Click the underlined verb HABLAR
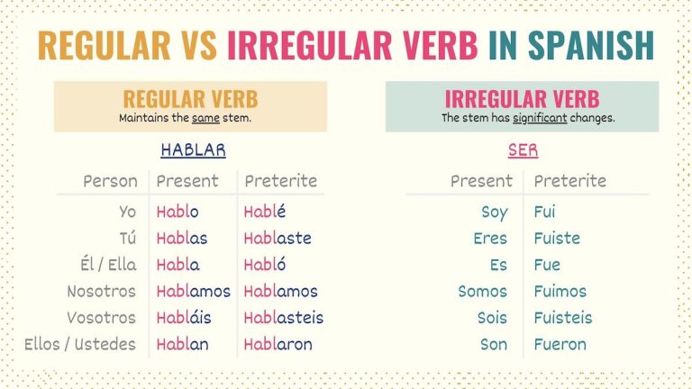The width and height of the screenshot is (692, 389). click(193, 150)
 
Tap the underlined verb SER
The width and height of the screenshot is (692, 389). click(523, 150)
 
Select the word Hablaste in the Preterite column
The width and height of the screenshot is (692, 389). click(278, 239)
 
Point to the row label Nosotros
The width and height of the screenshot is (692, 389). click(101, 291)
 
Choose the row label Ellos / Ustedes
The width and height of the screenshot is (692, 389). click(82, 343)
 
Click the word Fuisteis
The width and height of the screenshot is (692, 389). click(563, 317)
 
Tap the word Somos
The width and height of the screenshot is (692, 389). click(483, 291)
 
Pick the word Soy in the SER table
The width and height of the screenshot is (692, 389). click(495, 213)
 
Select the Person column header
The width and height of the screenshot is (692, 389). click(110, 181)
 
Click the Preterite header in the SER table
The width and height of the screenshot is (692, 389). click(570, 181)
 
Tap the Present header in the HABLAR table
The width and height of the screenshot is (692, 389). click(187, 181)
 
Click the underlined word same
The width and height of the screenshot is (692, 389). click(205, 118)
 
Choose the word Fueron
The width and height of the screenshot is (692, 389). click(560, 343)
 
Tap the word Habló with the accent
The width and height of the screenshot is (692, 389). click(267, 265)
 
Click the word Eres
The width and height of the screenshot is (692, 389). click(490, 239)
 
